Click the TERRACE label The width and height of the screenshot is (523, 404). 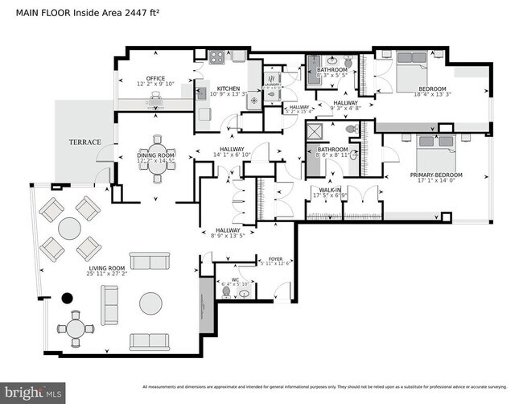coord(84,142)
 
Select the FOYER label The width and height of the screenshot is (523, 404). coord(274,258)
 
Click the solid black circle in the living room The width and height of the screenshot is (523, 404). coord(68,298)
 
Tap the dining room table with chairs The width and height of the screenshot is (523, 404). coord(154,159)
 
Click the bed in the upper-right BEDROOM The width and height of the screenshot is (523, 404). coord(417,61)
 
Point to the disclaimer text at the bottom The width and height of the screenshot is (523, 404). coord(331,383)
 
